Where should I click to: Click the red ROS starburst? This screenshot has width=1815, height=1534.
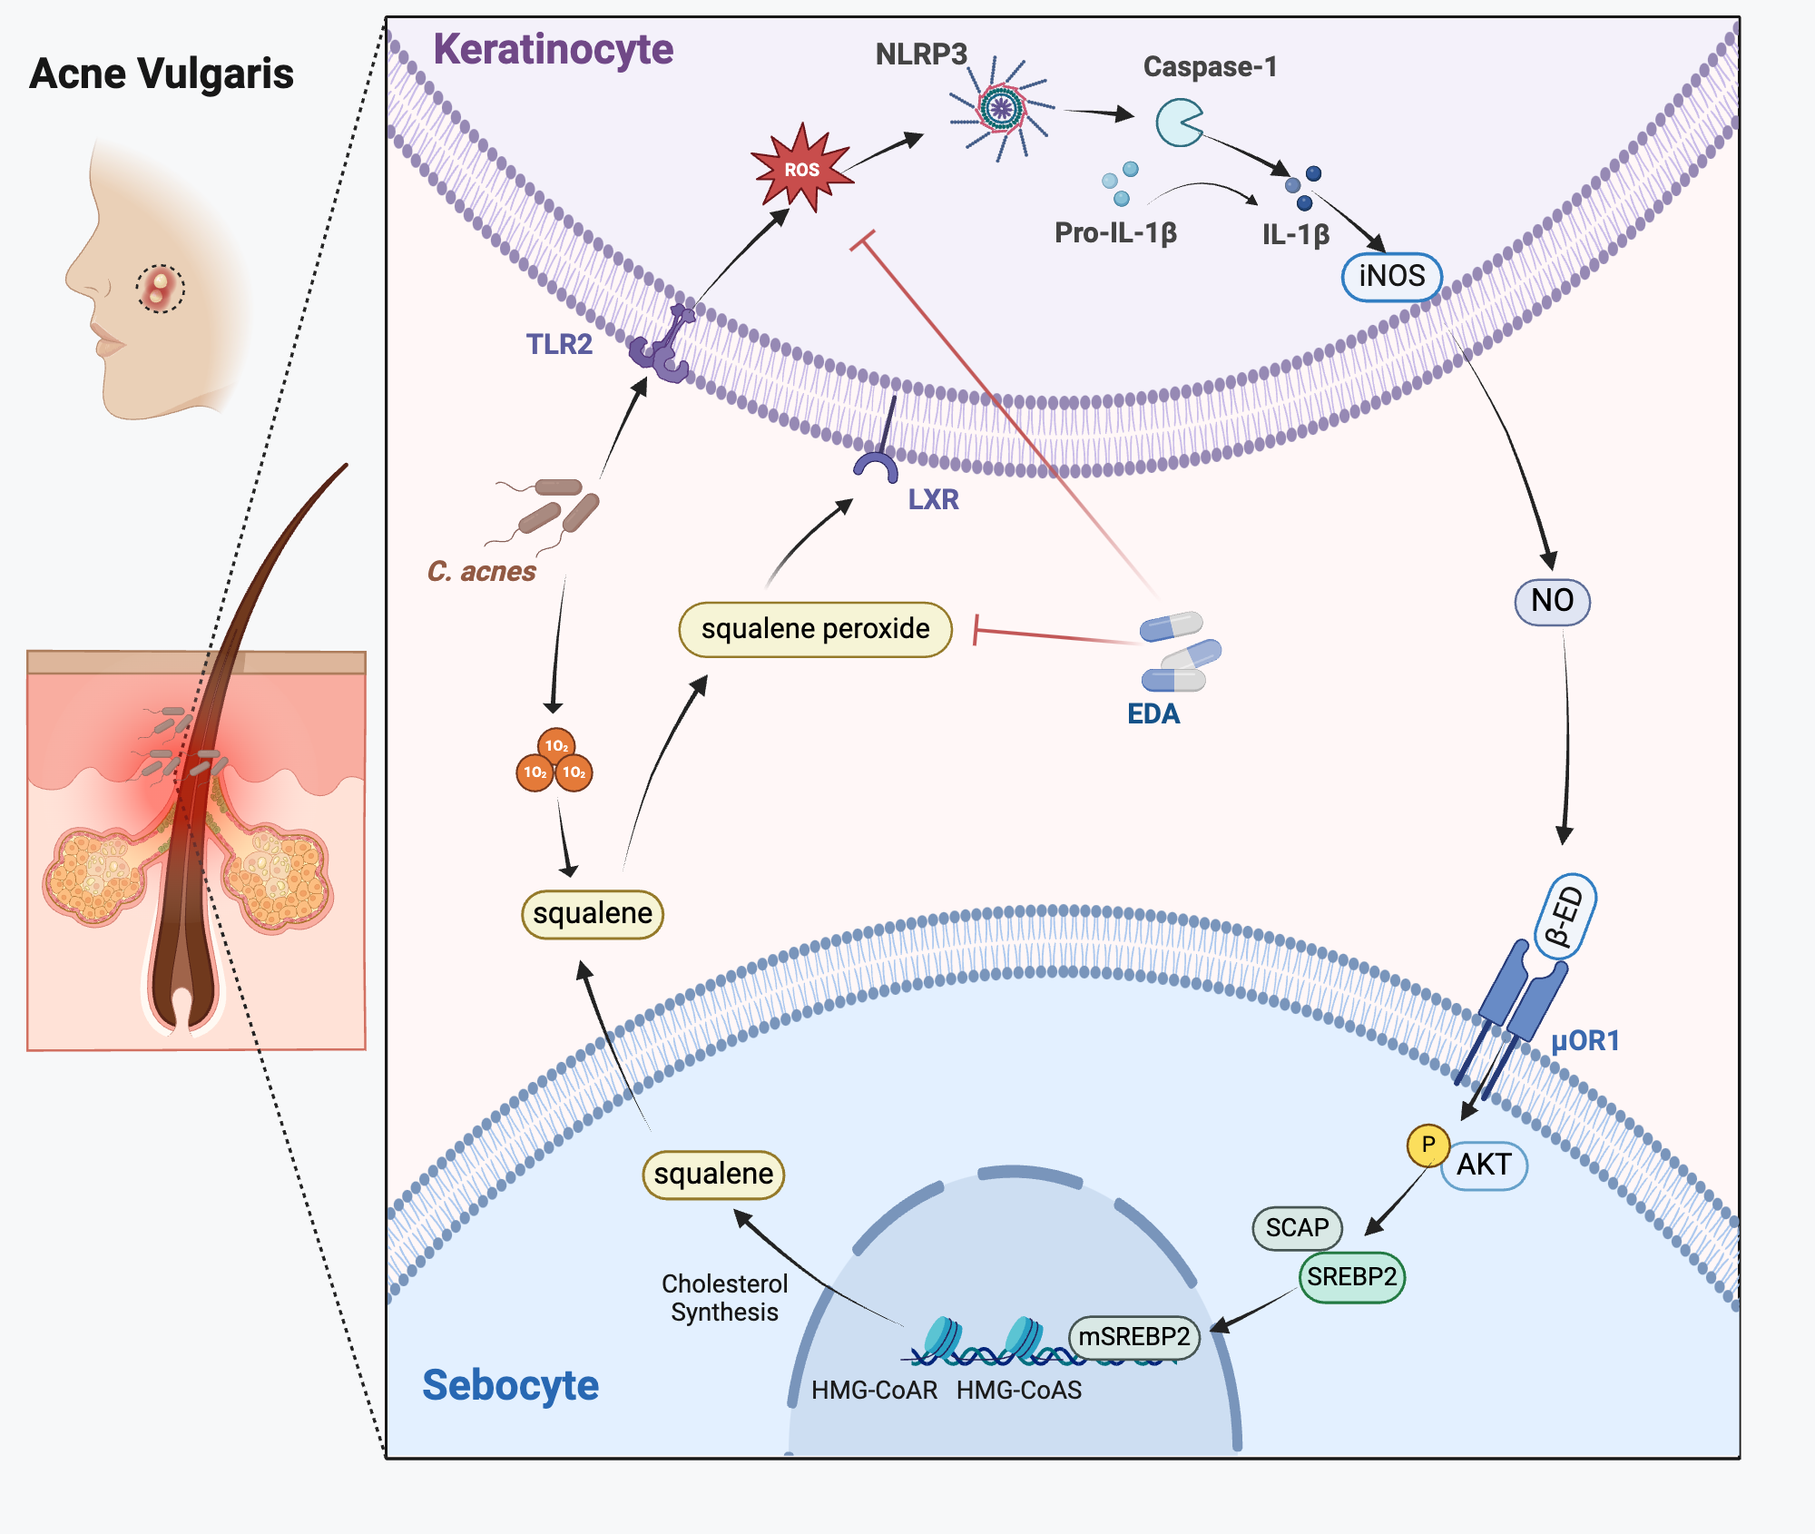[801, 169]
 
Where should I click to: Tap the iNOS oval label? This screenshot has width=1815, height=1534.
[1391, 276]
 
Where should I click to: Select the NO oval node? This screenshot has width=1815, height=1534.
[1552, 600]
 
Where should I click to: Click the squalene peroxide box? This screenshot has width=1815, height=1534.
[815, 628]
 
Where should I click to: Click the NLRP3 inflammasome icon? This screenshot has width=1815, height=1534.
[1001, 109]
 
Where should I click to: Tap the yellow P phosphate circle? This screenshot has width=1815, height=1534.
[1427, 1145]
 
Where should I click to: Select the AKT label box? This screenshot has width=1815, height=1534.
[1485, 1165]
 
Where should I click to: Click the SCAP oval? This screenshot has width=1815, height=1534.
[1297, 1227]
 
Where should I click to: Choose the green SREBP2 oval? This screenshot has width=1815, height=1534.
[1351, 1277]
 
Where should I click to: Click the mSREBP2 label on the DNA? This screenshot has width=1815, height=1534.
[1134, 1337]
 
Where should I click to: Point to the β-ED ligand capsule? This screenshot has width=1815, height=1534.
[1566, 917]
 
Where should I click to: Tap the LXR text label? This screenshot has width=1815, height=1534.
[933, 499]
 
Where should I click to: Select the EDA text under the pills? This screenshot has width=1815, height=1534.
[1153, 714]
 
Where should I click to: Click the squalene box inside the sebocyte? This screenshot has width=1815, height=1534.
[713, 1174]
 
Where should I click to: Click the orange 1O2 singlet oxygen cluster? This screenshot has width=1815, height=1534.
[554, 762]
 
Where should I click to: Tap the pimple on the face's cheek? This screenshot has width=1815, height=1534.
[161, 289]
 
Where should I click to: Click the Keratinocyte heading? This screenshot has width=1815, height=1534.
[553, 49]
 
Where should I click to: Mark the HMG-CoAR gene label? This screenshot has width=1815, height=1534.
[874, 1390]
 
